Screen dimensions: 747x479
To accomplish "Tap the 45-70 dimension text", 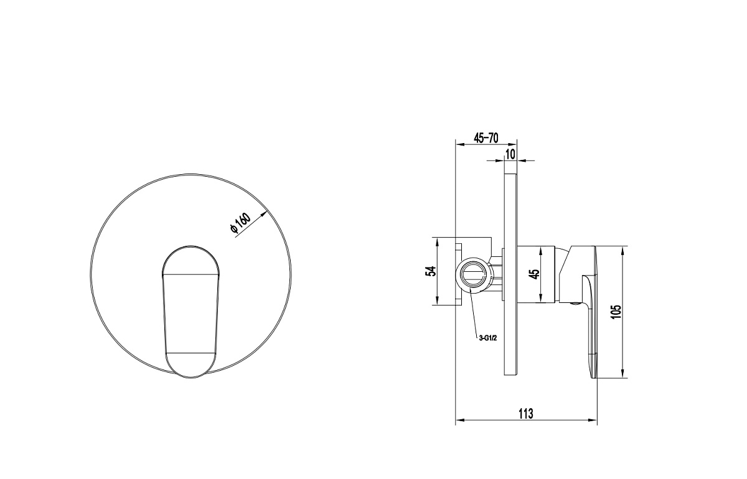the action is [486, 138].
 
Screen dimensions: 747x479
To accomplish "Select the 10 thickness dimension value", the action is [510, 155].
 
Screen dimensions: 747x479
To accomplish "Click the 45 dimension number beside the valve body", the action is [535, 274].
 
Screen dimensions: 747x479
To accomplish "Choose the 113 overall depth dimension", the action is [526, 414].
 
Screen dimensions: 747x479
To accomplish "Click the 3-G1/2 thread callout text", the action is [488, 338].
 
